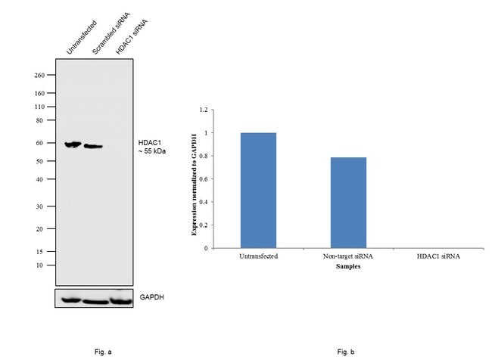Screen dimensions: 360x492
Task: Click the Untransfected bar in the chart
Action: pyautogui.click(x=258, y=190)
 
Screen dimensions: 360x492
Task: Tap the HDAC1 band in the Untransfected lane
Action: pyautogui.click(x=73, y=144)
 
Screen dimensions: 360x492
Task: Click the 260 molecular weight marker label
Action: pyautogui.click(x=39, y=76)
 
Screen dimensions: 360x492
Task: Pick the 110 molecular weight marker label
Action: pyautogui.click(x=39, y=107)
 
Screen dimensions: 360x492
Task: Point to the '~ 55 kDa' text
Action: pyautogui.click(x=153, y=151)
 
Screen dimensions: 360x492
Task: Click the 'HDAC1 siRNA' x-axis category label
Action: pyautogui.click(x=439, y=256)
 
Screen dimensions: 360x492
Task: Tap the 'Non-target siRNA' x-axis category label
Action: pyautogui.click(x=349, y=256)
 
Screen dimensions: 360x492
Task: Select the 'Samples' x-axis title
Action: pyautogui.click(x=349, y=265)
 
